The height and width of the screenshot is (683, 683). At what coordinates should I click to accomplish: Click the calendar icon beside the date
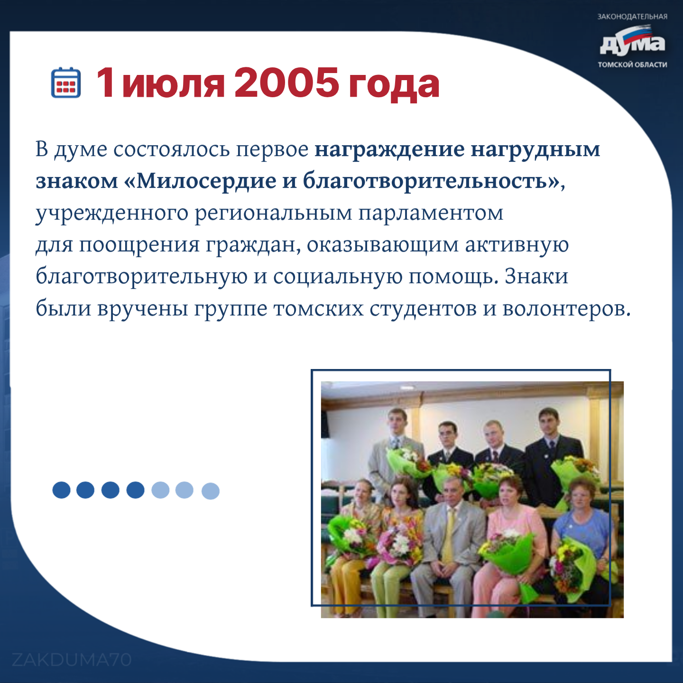click(x=66, y=82)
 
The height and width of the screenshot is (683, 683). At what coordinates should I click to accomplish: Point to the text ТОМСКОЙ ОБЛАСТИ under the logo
click(x=632, y=65)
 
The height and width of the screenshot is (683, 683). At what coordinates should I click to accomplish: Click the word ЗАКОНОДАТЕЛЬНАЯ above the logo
click(x=632, y=17)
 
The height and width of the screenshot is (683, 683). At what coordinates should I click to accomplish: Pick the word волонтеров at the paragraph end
click(x=566, y=309)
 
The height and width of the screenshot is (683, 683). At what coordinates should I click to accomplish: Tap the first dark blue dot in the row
click(x=61, y=490)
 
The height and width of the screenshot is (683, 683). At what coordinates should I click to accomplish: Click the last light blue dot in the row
click(x=211, y=491)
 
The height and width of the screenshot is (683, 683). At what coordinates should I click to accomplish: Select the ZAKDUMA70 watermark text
click(x=72, y=660)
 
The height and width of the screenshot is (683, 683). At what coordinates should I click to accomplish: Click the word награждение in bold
click(x=389, y=150)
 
